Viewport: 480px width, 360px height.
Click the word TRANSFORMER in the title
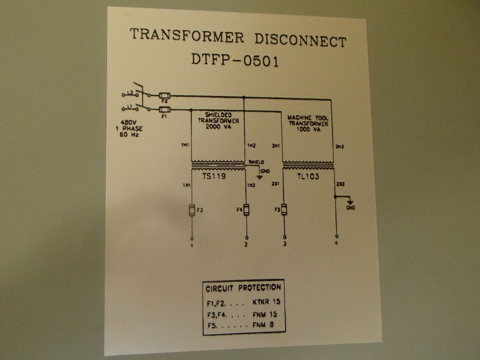187,35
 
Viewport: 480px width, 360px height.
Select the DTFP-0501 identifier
235,60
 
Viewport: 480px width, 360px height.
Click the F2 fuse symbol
164,96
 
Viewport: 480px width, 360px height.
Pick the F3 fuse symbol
192,210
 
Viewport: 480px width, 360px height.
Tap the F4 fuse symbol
246,210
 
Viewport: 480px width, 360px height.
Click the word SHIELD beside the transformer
256,162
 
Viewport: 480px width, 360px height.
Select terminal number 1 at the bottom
192,245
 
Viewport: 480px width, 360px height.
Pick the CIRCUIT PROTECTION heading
243,288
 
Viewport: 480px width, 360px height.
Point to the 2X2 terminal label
340,184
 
